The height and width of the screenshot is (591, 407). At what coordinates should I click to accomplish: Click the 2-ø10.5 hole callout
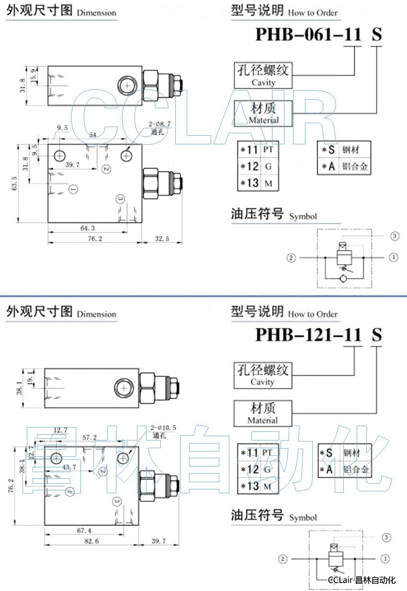pyautogui.click(x=163, y=427)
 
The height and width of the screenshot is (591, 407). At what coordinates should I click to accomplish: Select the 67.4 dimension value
pyautogui.click(x=83, y=531)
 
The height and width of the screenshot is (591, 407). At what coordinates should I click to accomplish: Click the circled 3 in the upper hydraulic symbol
pyautogui.click(x=395, y=236)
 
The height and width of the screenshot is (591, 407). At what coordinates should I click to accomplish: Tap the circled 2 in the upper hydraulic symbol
pyautogui.click(x=291, y=258)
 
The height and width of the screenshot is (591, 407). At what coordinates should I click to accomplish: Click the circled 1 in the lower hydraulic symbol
pyautogui.click(x=385, y=559)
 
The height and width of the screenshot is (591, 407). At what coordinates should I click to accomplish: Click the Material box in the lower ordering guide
pyautogui.click(x=262, y=413)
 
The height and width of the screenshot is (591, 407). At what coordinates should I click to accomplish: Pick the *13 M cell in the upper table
pyautogui.click(x=258, y=183)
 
